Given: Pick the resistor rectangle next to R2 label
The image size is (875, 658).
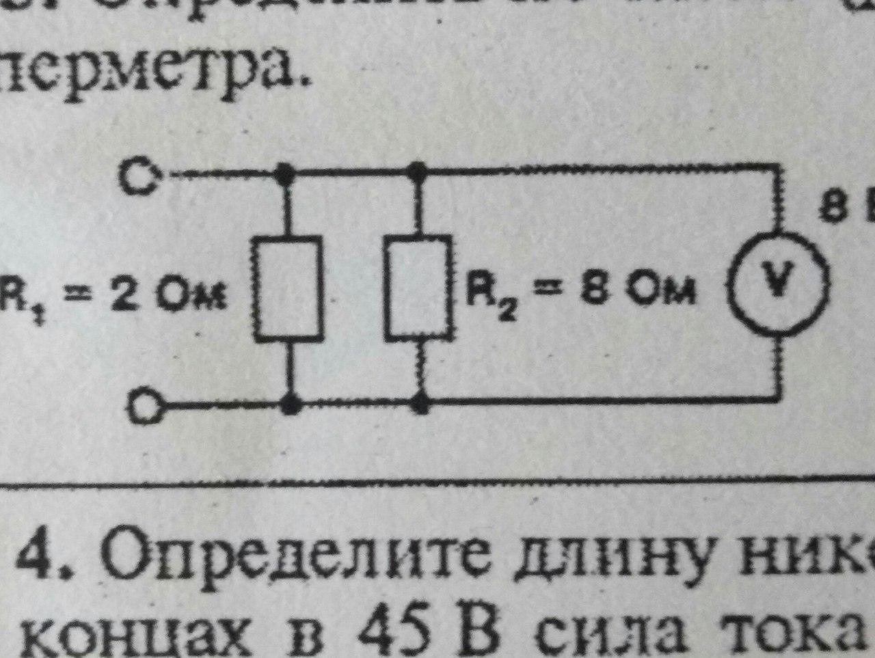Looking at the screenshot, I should (418, 287).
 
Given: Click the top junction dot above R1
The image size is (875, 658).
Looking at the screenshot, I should (286, 171).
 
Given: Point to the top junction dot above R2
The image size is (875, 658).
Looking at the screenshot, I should (417, 169).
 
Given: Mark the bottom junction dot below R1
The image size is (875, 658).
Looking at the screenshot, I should (292, 405).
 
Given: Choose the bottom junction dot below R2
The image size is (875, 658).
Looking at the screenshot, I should (421, 404).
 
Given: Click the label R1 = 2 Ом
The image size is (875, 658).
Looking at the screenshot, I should (113, 295).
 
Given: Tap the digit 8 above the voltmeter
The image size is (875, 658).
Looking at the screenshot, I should (829, 207).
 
